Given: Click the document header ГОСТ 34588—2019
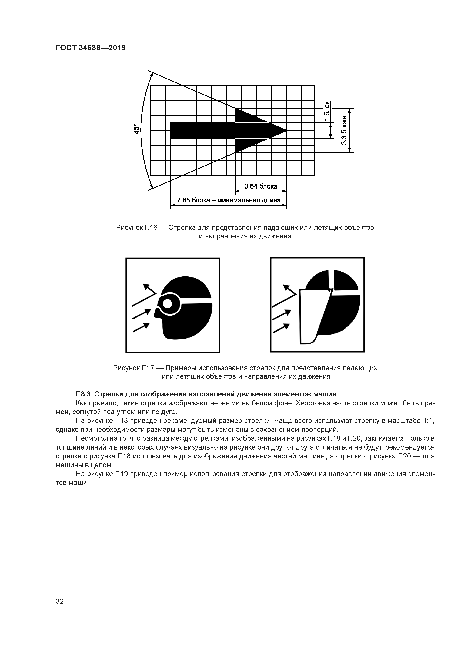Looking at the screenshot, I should (91, 48).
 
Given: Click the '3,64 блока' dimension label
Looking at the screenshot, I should (261, 186).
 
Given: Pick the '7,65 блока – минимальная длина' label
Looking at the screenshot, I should (228, 200).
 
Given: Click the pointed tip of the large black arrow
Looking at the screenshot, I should (286, 131).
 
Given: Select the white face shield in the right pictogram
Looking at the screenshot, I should (313, 316).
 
